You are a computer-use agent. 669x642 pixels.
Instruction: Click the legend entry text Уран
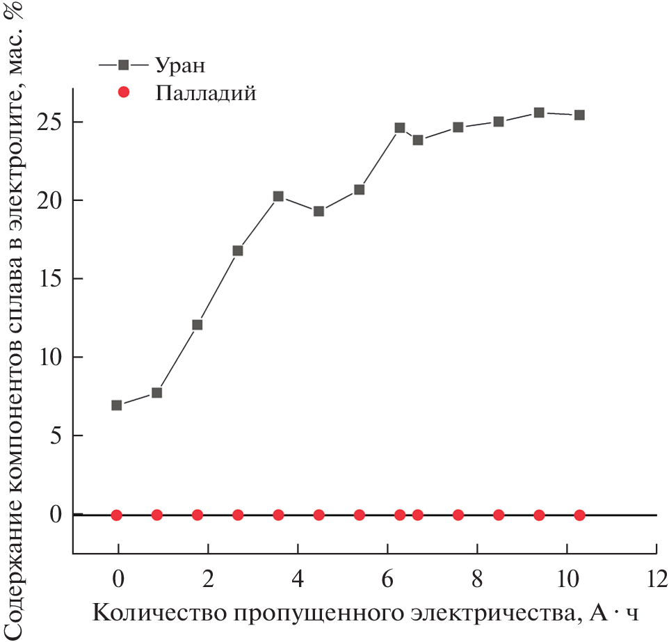click(x=179, y=66)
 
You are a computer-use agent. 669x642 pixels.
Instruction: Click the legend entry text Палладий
click(x=206, y=93)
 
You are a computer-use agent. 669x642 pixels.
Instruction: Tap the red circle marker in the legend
click(x=123, y=92)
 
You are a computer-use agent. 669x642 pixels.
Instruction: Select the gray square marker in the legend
click(x=123, y=65)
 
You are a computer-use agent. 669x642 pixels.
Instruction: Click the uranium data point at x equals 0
click(x=117, y=405)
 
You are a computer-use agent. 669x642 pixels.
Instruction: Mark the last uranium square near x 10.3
click(x=579, y=115)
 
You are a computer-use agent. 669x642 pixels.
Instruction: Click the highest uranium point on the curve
click(x=539, y=113)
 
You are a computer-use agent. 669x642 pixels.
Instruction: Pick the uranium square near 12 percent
click(x=198, y=325)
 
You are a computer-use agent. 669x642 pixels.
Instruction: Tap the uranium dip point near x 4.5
click(x=319, y=211)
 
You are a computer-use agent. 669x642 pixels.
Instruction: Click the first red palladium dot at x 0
click(x=117, y=515)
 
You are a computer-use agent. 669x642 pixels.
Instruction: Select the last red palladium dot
click(x=579, y=515)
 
